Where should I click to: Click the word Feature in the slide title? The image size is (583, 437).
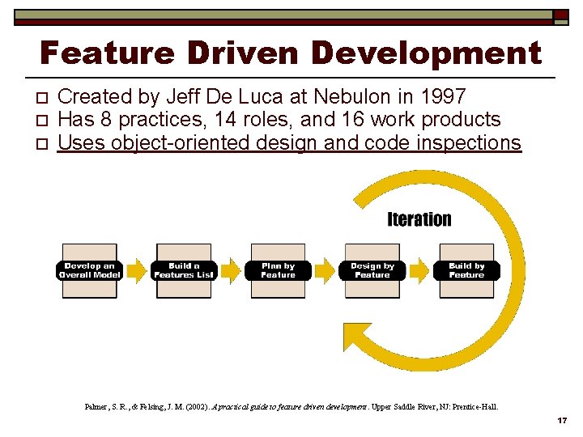[106, 53]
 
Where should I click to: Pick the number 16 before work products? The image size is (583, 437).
[347, 120]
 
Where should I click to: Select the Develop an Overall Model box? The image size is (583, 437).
[90, 271]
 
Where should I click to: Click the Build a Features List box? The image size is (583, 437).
[184, 271]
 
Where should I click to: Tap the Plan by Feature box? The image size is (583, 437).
[278, 271]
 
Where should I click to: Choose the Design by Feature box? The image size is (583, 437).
[372, 271]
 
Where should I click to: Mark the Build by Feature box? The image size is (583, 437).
[466, 271]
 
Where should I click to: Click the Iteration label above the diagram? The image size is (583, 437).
[419, 219]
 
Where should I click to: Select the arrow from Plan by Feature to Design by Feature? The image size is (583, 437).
[325, 269]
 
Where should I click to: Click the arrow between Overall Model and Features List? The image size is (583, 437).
[137, 269]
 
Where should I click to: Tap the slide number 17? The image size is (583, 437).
[561, 422]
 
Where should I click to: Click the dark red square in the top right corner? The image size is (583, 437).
[560, 15]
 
